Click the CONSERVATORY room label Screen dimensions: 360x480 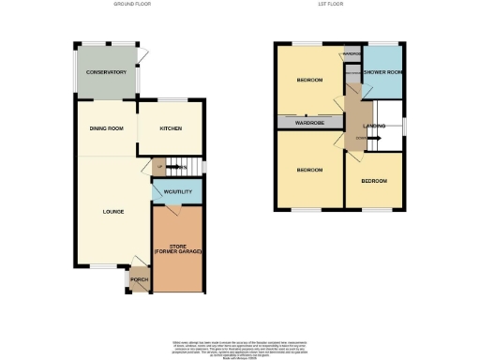tap(106, 72)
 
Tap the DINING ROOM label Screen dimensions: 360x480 tap(106, 128)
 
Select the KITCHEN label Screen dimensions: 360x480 tap(170, 128)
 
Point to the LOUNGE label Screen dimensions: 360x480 tap(113, 212)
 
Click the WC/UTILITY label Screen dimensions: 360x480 tap(177, 192)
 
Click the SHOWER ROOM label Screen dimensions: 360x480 tap(382, 72)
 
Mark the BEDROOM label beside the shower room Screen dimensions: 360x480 tap(309, 81)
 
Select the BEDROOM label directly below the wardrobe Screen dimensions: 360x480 tap(309, 170)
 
